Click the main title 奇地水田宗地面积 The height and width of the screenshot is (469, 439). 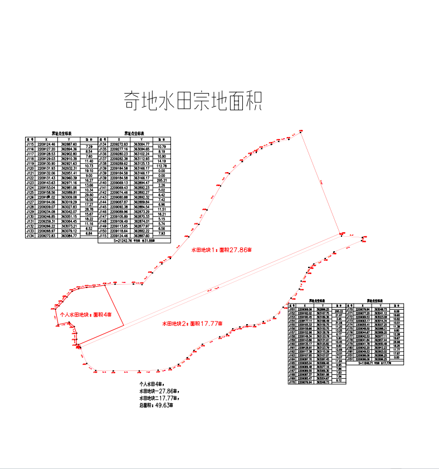(192, 102)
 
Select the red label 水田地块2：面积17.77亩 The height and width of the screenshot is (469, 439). (192, 323)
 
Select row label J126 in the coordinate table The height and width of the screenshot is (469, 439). (31, 197)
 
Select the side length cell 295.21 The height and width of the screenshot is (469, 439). (162, 180)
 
